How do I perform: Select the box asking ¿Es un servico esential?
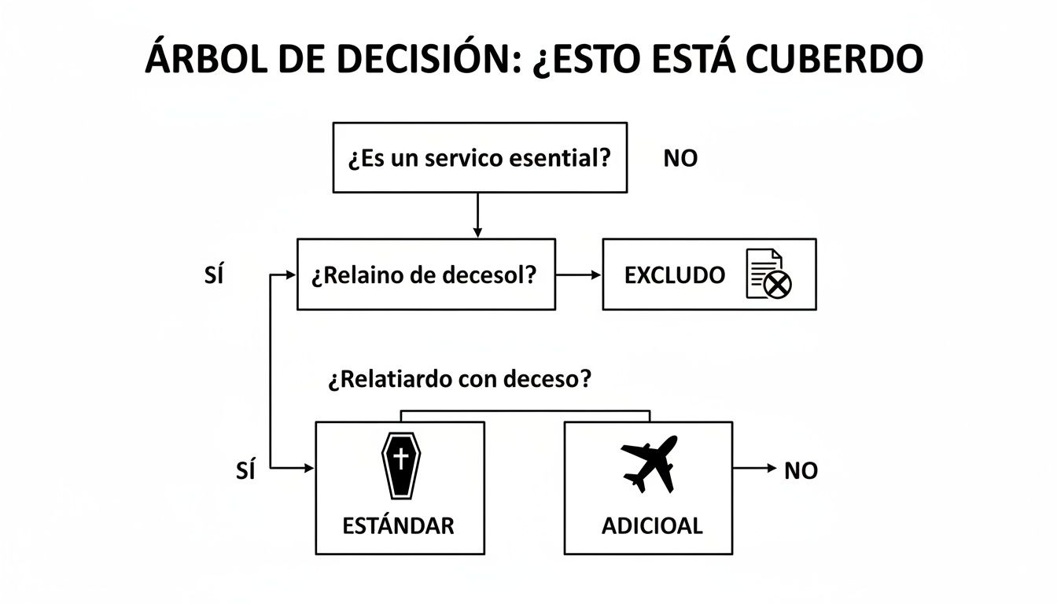pos(480,157)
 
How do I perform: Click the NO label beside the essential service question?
pos(680,159)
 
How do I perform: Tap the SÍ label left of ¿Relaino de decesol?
pos(213,276)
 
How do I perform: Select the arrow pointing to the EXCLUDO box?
pos(578,275)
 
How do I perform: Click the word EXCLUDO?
pos(674,275)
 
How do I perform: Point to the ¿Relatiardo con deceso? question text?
pos(459,380)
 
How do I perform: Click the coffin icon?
pos(400,465)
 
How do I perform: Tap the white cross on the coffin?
pos(400,457)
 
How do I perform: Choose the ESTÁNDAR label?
pos(399,525)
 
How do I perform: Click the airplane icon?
pos(649,463)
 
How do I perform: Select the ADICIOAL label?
pos(652,525)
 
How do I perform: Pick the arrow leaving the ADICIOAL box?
pos(755,468)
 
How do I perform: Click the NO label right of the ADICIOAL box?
pos(801,471)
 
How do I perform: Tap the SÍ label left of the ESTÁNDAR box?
pos(246,471)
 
